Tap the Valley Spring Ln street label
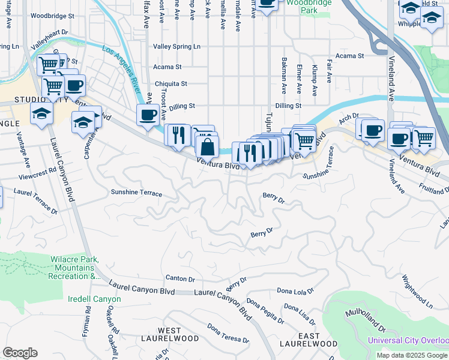[x=176, y=46]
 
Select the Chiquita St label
[x=171, y=83]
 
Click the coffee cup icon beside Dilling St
[x=148, y=114]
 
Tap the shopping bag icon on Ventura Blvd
[x=207, y=146]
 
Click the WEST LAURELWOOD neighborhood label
[x=178, y=334]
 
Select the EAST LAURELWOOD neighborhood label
[x=309, y=340]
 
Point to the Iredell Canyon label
[x=94, y=299]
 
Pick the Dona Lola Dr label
[x=295, y=291]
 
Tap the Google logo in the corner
[x=20, y=353]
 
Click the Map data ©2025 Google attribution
[x=412, y=355]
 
